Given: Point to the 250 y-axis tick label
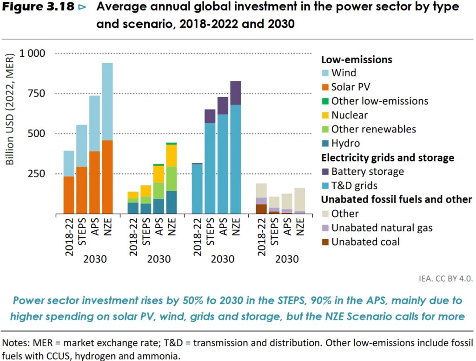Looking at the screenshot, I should click(x=41, y=174).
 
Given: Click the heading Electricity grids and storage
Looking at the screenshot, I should click(x=387, y=158).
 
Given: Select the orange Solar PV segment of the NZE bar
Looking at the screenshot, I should click(x=107, y=177).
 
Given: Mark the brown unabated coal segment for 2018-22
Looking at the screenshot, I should click(x=262, y=209).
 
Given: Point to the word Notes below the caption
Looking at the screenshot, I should click(x=16, y=343).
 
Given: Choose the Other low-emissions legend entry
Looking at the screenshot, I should click(x=379, y=101).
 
